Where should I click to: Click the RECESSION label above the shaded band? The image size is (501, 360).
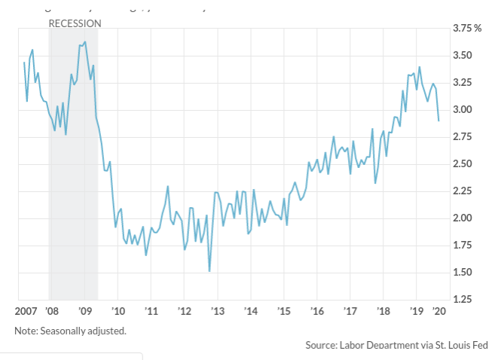(x=75, y=23)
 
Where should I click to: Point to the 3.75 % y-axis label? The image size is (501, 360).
(x=466, y=29)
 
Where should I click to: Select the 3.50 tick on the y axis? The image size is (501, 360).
(x=463, y=56)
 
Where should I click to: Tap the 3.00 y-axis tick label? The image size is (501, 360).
(x=463, y=110)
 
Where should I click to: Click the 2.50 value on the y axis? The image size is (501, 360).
(x=463, y=164)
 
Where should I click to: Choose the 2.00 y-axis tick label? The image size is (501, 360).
(x=463, y=218)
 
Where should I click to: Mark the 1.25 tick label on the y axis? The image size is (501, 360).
(x=463, y=300)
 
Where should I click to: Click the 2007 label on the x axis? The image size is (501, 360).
(x=26, y=310)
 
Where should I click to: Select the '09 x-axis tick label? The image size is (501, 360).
(x=85, y=310)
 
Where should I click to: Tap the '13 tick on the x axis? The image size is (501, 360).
(x=218, y=310)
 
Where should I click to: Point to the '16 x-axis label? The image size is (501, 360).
(x=317, y=310)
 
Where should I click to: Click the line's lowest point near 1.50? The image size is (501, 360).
(x=209, y=271)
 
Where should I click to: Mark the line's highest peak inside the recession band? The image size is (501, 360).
(x=85, y=41)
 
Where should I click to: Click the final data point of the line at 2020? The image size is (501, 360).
(x=439, y=121)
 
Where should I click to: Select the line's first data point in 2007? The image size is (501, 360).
(x=24, y=63)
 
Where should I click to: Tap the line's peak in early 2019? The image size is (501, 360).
(x=420, y=67)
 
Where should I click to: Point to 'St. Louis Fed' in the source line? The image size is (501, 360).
(x=460, y=345)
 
